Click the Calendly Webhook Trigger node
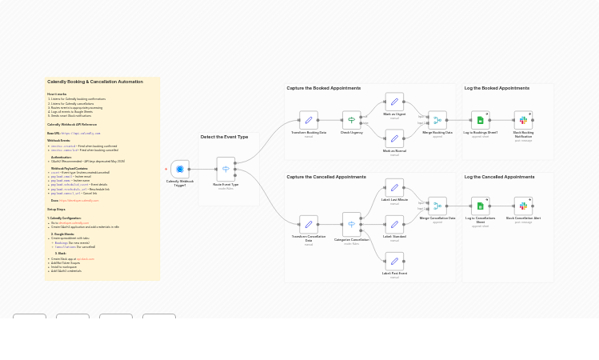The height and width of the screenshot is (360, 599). click(x=180, y=170)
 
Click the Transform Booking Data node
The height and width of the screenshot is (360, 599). click(x=309, y=120)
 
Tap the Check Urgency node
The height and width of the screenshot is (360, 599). click(x=351, y=120)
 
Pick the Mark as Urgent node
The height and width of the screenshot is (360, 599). click(x=394, y=102)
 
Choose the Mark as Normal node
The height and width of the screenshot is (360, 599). click(x=394, y=138)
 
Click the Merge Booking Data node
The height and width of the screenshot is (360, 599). click(x=437, y=120)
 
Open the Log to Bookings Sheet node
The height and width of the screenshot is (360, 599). click(x=481, y=120)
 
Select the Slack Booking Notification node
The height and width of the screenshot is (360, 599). click(x=523, y=120)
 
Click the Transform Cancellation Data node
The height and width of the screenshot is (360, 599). click(x=309, y=224)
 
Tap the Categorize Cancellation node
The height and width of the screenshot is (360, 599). click(x=351, y=224)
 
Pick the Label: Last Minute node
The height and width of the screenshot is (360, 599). click(x=394, y=188)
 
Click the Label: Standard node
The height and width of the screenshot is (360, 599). click(x=394, y=225)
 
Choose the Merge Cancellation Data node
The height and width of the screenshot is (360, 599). click(x=437, y=206)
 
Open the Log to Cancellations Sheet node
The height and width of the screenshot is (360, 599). click(x=481, y=206)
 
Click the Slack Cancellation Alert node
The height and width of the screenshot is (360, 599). click(x=523, y=206)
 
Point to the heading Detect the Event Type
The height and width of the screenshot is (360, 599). click(x=224, y=137)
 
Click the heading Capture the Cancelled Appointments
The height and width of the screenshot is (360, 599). click(x=326, y=177)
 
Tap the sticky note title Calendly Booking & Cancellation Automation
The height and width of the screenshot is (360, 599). click(x=95, y=82)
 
